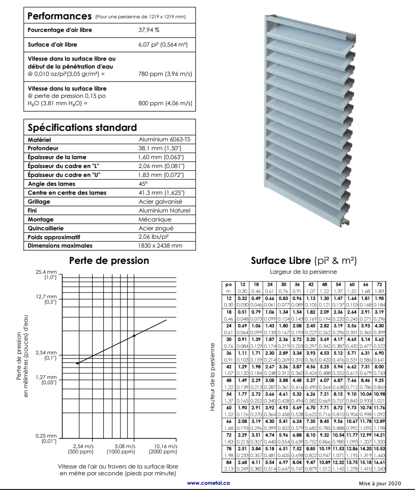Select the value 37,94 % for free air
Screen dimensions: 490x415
pyautogui.click(x=149, y=30)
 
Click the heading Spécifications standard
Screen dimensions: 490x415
pyautogui.click(x=82, y=127)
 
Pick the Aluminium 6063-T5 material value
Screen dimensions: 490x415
pyautogui.click(x=165, y=140)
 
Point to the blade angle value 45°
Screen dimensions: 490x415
pyautogui.click(x=143, y=184)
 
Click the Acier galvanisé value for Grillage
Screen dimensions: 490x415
pyautogui.click(x=160, y=202)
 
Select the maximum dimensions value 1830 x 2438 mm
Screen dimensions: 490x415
pyautogui.click(x=160, y=246)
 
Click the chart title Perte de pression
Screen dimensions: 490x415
pyautogui.click(x=109, y=260)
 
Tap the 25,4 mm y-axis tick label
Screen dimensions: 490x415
pyautogui.click(x=47, y=273)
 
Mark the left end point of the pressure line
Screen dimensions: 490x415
pyautogui.click(x=78, y=363)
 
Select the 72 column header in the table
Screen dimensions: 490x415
pyautogui.click(x=379, y=283)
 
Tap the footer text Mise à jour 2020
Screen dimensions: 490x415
pyautogui.click(x=379, y=483)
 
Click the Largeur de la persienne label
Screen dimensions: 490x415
pyautogui.click(x=303, y=272)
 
